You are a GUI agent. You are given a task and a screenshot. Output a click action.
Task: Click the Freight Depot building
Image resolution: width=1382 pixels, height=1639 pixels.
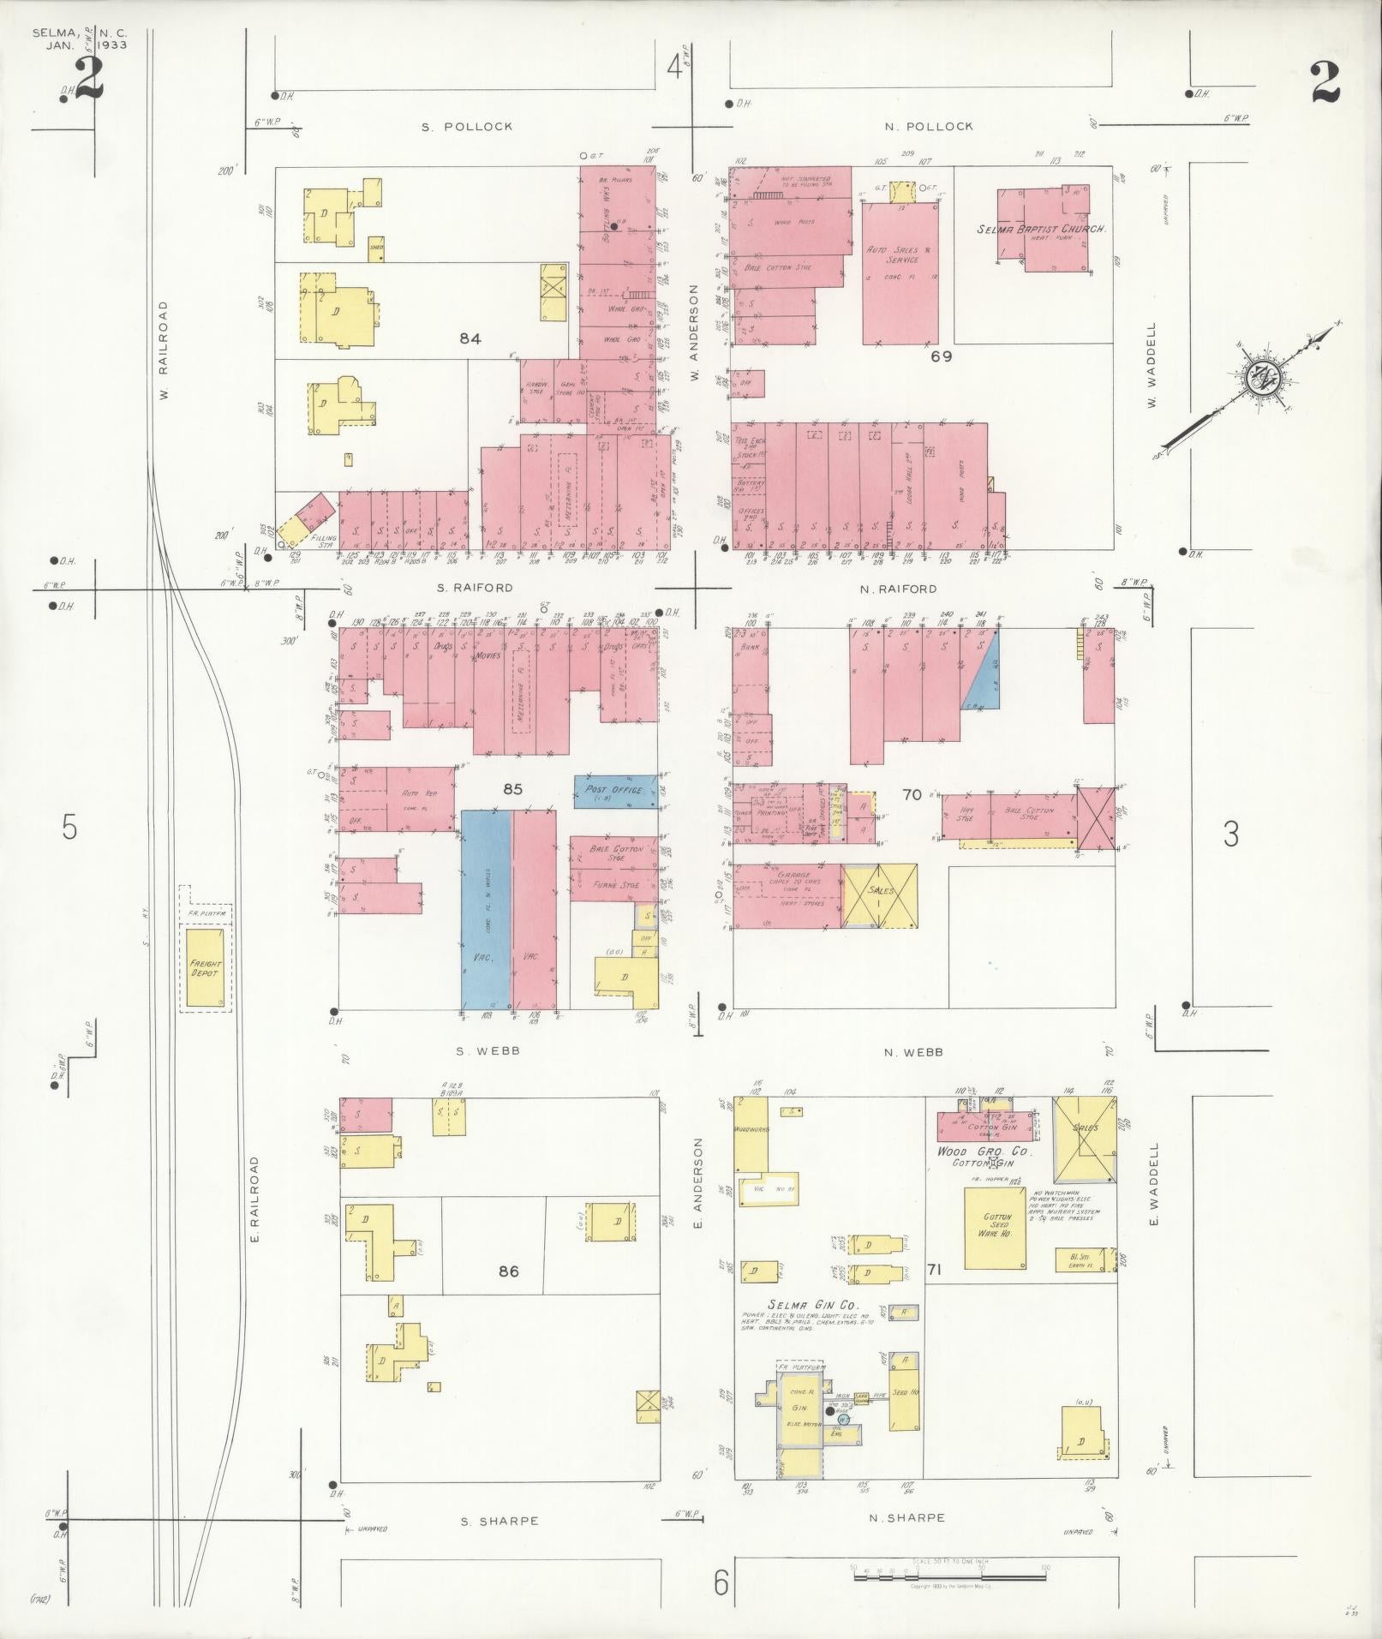click(x=206, y=967)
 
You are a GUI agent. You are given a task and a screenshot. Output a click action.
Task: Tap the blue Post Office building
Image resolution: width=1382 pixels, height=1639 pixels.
click(x=614, y=792)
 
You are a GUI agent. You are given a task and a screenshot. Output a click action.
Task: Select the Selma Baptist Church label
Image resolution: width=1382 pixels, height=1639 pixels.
click(x=1043, y=230)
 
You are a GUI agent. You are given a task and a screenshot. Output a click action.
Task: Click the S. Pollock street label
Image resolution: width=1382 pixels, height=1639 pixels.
click(x=467, y=126)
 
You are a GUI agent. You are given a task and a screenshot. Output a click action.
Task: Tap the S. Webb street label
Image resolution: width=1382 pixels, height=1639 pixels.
click(x=489, y=1050)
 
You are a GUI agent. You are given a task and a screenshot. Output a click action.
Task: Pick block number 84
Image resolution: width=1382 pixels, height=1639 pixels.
click(x=470, y=339)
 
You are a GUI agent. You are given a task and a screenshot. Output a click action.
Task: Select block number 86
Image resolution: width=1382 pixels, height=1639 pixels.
click(x=509, y=1271)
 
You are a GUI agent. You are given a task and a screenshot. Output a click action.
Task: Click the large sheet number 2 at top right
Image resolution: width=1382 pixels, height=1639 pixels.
click(x=1325, y=84)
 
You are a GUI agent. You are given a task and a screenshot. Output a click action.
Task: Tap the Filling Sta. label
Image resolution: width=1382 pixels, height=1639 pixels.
click(x=324, y=541)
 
